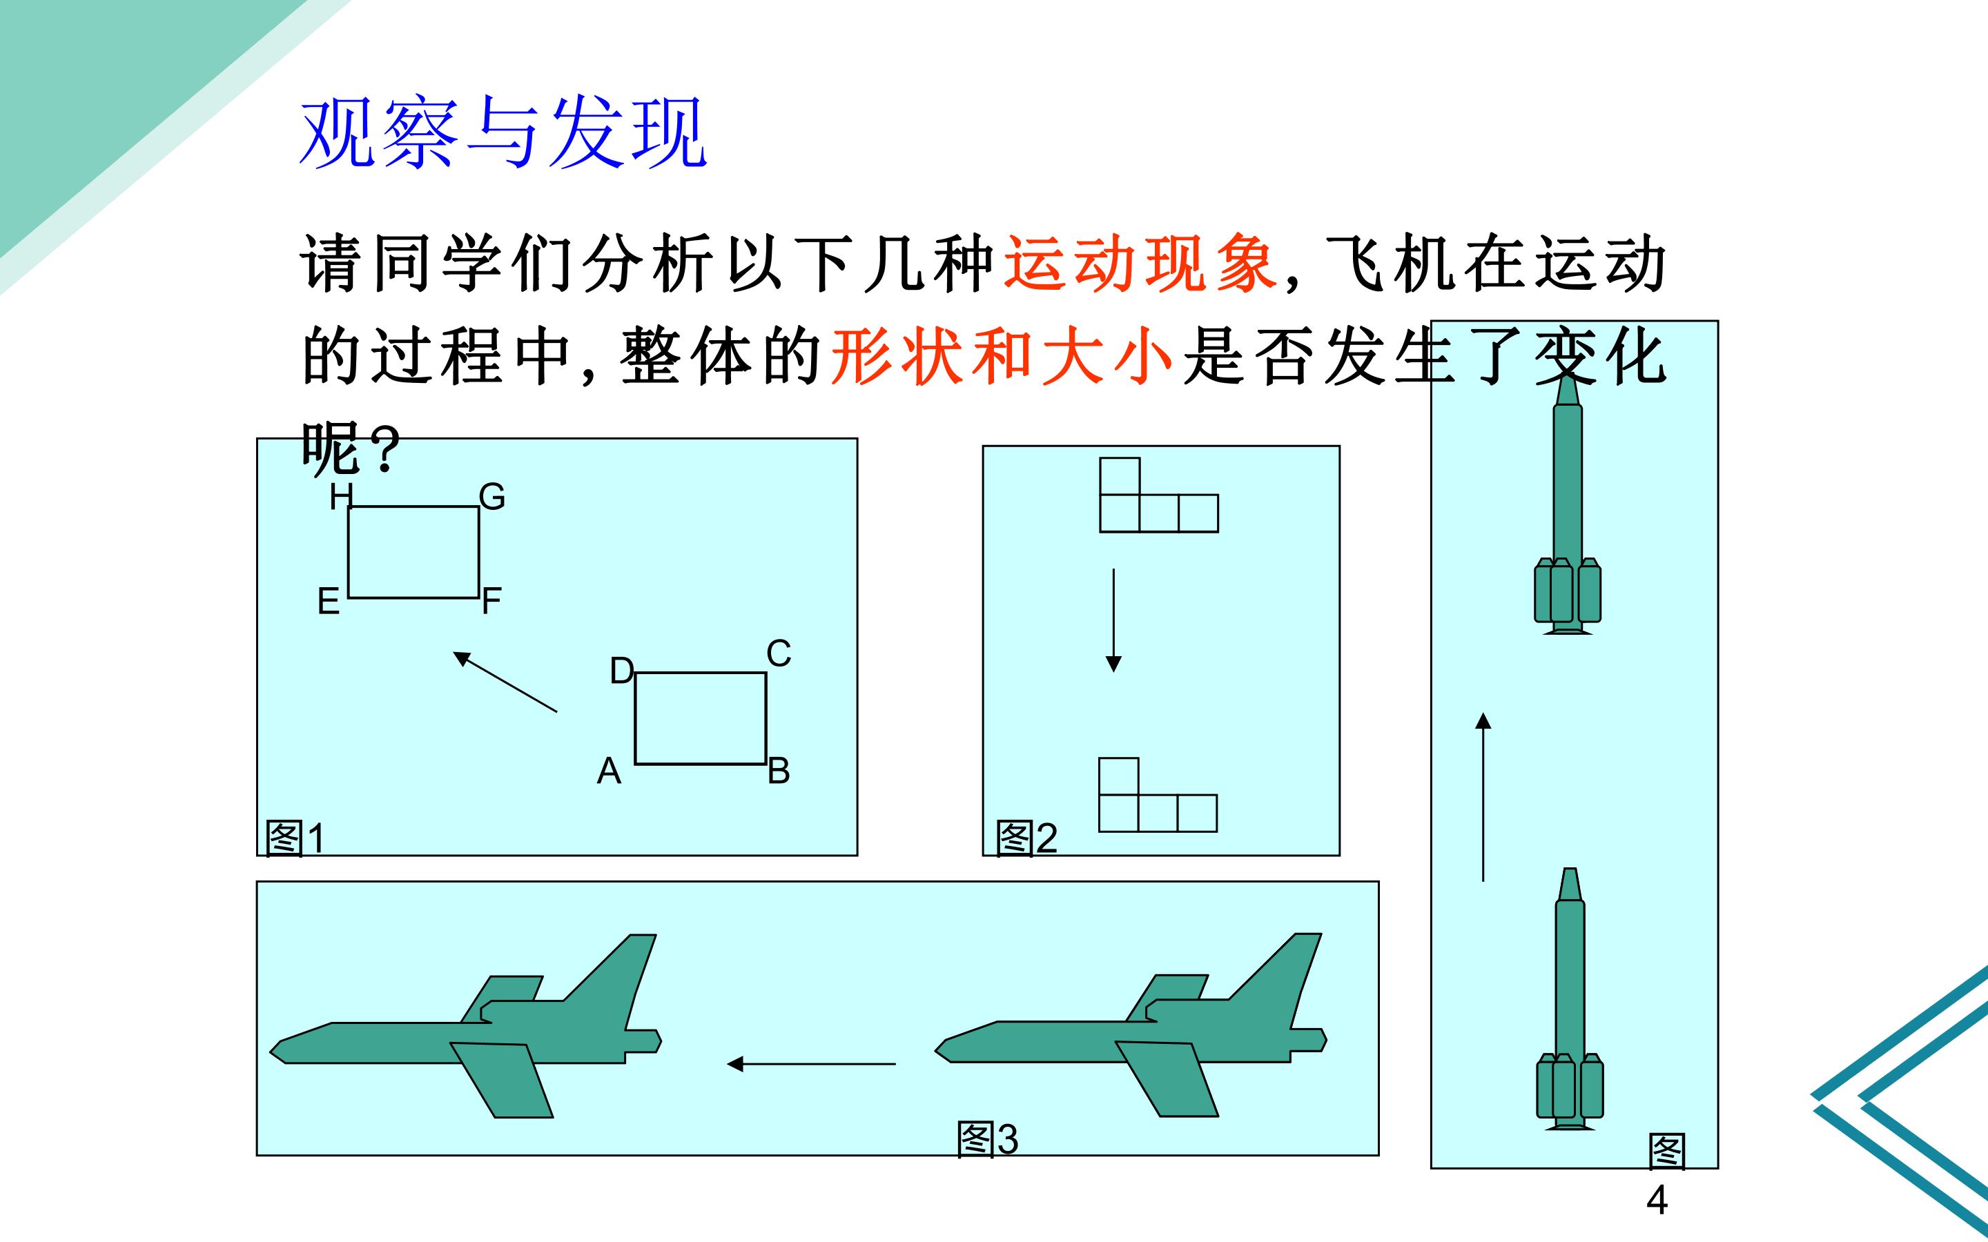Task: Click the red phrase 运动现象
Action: (x=1140, y=264)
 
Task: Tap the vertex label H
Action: (x=340, y=497)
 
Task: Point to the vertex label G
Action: (x=492, y=497)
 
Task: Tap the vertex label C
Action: (x=779, y=654)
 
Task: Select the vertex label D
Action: (x=622, y=671)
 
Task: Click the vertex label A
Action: (x=609, y=771)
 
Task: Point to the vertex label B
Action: (x=779, y=771)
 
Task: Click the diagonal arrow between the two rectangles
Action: (x=505, y=682)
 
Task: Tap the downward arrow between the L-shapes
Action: (x=1114, y=620)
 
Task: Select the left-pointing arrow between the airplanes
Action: (x=812, y=1065)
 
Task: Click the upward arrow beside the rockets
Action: (x=1483, y=797)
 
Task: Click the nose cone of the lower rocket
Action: (x=1570, y=884)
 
